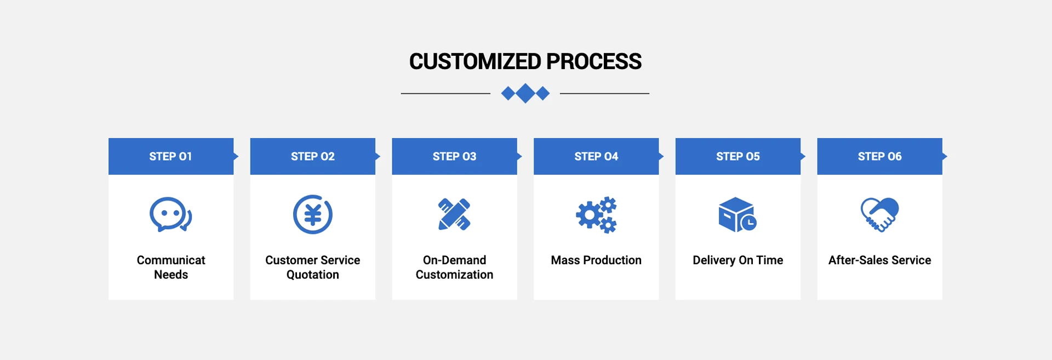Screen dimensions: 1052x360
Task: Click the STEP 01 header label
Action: [170, 157]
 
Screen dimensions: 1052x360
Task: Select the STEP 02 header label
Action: [312, 157]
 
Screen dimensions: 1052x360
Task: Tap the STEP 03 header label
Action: [454, 157]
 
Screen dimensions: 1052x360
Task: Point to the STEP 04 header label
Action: [596, 157]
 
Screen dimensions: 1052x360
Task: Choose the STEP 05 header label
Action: [737, 157]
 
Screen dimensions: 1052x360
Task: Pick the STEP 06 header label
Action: [879, 157]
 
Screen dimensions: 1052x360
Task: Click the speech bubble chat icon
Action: [170, 214]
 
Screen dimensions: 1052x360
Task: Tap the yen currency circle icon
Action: [312, 214]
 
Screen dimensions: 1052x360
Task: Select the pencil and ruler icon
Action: [454, 214]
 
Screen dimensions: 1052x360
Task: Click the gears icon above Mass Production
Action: [596, 215]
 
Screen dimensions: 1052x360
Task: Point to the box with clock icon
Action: [737, 215]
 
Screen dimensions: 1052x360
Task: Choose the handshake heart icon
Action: [879, 215]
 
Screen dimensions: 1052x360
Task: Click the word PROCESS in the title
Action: [593, 61]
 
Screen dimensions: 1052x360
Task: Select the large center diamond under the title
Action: [525, 93]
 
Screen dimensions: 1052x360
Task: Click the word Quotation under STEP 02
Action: [312, 275]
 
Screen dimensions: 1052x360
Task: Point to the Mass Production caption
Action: [596, 260]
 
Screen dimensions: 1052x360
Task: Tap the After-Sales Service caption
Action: [879, 260]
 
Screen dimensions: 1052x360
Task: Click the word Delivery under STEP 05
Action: [714, 261]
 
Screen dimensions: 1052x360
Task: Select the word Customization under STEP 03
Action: [454, 275]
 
